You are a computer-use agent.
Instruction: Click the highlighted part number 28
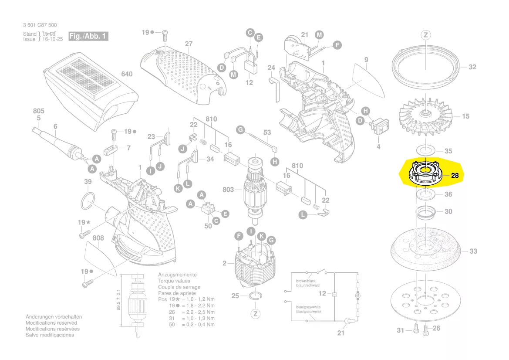tap(455, 176)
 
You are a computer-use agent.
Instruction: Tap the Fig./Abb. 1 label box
tap(88, 36)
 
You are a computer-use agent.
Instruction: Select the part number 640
tap(126, 74)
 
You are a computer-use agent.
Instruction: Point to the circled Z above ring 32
tap(426, 35)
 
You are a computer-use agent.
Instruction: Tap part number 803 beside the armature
tap(228, 190)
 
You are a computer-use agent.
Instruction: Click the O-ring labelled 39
tap(88, 202)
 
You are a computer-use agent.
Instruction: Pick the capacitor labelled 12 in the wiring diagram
tap(334, 294)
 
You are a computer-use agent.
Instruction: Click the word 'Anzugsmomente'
tap(177, 275)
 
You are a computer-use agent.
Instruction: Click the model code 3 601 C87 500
tap(40, 25)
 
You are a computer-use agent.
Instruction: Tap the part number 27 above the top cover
tap(188, 44)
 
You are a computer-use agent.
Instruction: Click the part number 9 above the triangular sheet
tap(366, 60)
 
